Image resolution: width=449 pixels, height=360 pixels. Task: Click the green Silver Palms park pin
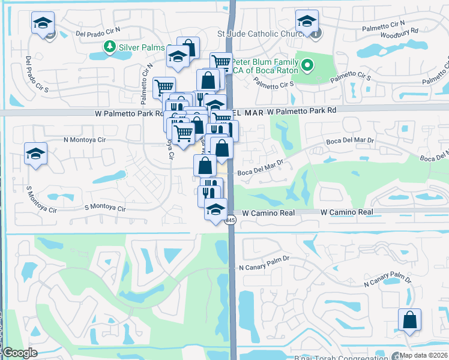[110, 46]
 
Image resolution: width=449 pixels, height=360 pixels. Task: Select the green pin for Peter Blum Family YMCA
[308, 64]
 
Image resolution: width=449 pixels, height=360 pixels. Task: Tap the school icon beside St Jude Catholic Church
[307, 22]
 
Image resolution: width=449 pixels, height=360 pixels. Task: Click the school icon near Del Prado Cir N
[43, 23]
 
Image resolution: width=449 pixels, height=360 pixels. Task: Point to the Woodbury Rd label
[401, 31]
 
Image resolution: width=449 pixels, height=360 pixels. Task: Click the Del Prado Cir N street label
[98, 31]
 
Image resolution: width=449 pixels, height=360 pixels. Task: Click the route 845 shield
[231, 221]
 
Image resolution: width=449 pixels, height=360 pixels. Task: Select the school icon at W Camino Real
[215, 209]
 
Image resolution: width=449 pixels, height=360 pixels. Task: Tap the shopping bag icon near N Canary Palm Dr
[409, 319]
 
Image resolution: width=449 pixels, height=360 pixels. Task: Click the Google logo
[19, 353]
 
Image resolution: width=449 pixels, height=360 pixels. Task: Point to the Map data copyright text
[424, 355]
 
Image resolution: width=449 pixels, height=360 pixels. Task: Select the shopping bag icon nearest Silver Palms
[188, 48]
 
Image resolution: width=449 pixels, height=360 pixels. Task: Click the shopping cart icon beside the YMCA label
[221, 61]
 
